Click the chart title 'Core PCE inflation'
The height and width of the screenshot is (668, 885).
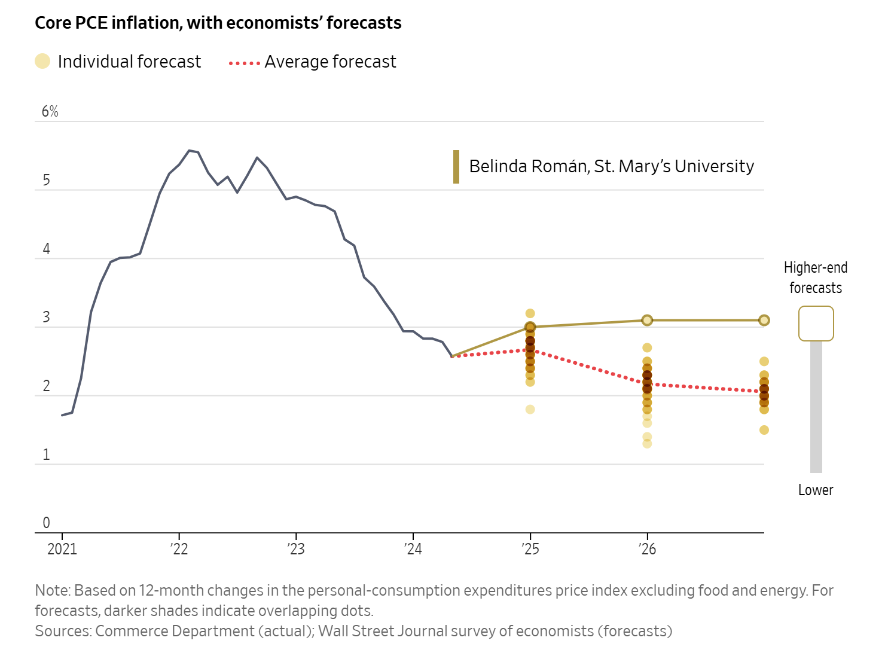coord(218,23)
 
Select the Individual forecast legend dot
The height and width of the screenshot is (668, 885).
coord(42,61)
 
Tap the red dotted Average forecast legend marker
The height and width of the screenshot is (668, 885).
coord(244,63)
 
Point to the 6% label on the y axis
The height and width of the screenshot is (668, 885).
coord(50,112)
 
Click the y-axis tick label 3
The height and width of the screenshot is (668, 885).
coord(46,318)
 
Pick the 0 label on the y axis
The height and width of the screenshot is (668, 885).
coord(46,523)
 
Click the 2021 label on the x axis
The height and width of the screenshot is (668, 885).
coord(62,549)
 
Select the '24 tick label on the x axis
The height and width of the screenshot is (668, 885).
coord(413,549)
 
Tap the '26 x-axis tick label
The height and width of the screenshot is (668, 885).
coord(646,549)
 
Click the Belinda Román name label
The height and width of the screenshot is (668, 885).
coord(611,166)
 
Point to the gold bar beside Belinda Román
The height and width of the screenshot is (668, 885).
coord(456,167)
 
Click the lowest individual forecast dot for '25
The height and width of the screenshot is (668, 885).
coord(530,410)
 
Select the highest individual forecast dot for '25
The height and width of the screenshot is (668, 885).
coord(530,313)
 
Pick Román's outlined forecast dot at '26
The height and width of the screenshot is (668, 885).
coord(647,320)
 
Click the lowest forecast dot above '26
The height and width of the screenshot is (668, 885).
coord(647,444)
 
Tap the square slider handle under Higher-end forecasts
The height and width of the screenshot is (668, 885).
coord(816,324)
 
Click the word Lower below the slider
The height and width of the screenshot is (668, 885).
coord(816,490)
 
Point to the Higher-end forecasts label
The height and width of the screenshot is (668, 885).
coord(816,277)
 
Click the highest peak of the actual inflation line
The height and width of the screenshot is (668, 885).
coord(189,150)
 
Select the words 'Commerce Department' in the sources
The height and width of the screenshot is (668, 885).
coord(175,632)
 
